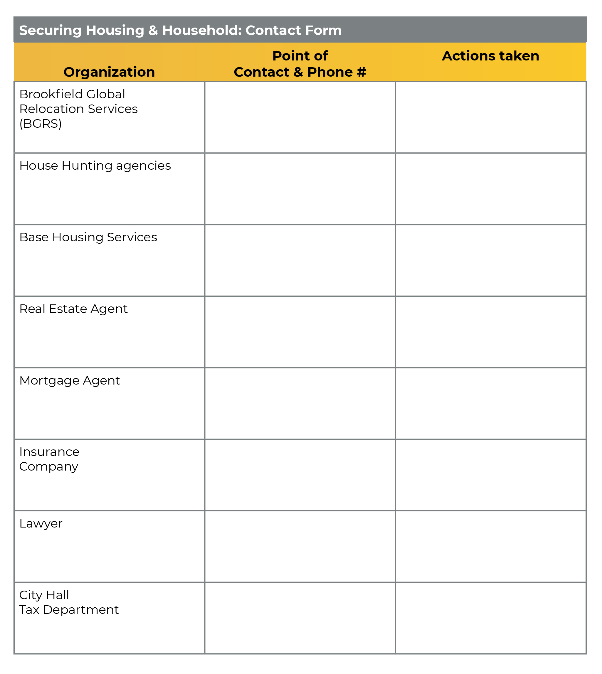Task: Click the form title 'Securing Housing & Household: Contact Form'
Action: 180,31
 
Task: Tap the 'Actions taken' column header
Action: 490,56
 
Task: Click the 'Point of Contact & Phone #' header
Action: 300,64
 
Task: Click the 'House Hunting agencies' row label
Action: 95,165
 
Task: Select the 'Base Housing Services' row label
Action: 88,237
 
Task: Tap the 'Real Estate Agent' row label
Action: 73,309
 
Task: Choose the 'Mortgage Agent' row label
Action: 70,380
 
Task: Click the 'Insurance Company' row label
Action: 49,459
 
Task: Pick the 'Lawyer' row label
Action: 41,523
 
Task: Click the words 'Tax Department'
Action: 69,609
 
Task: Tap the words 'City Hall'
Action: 44,595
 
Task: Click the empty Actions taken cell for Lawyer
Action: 490,546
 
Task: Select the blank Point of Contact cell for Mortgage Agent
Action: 300,403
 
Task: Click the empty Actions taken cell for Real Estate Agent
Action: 490,332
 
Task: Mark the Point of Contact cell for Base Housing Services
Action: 300,260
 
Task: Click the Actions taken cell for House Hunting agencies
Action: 490,188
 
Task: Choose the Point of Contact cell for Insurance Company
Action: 300,475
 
